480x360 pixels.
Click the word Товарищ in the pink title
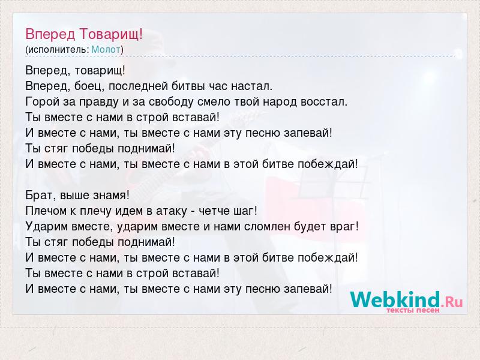[112, 34]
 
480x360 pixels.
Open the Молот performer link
[106, 50]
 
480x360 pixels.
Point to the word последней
[139, 86]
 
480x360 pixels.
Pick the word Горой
[42, 102]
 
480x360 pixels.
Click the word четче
[215, 211]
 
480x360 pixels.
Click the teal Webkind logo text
[395, 299]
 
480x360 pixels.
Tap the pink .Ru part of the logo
[452, 302]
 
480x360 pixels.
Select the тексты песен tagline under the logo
[413, 310]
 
